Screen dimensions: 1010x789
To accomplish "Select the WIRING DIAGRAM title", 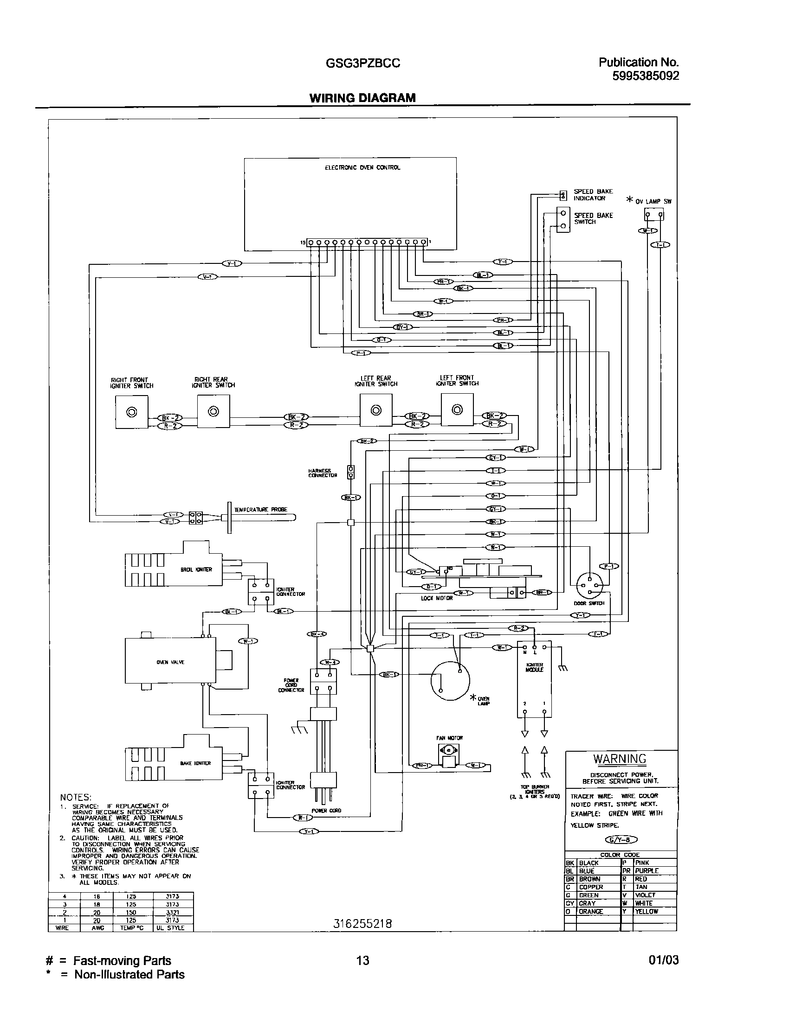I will [x=362, y=98].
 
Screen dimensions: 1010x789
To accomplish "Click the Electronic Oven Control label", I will [x=362, y=167].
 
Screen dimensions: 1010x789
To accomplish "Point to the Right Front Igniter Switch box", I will [x=131, y=412].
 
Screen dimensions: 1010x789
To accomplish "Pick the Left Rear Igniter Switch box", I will [x=376, y=410].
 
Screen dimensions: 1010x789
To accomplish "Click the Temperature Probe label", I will [x=260, y=510].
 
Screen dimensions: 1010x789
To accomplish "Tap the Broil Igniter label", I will [x=196, y=569].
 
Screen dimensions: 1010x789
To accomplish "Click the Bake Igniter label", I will [x=195, y=763].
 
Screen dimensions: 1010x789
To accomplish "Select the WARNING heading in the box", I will [x=620, y=759].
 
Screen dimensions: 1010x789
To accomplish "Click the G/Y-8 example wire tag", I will [x=621, y=839].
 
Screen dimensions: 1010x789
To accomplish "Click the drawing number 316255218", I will [x=362, y=924].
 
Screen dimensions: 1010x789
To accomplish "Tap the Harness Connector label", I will [x=323, y=473].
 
